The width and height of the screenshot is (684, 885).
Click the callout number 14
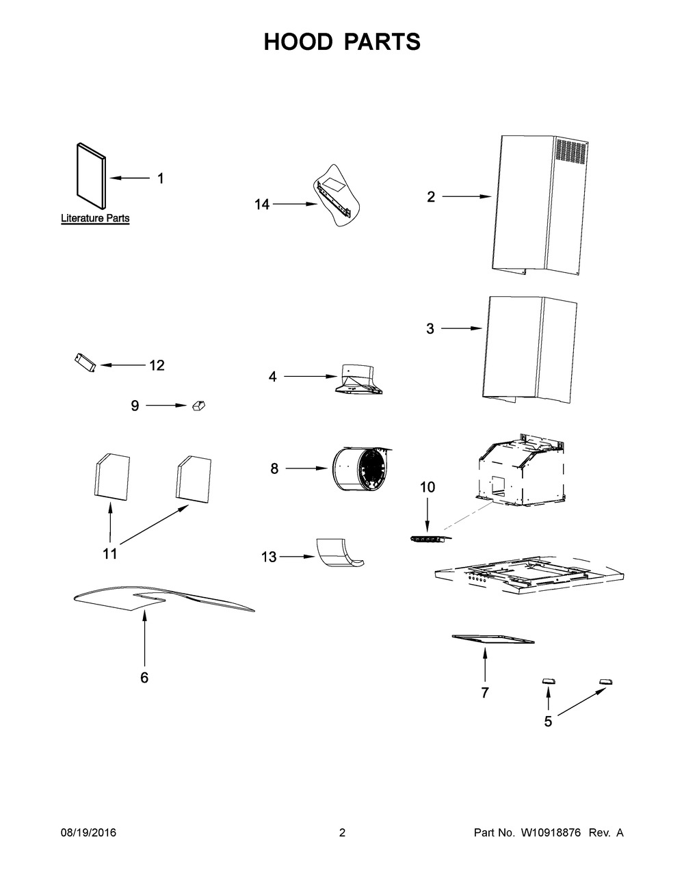262,204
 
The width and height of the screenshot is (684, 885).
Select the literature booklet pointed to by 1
91,176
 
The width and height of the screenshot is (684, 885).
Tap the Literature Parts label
95,219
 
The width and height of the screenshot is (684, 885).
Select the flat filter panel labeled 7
492,639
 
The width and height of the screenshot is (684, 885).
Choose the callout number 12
157,365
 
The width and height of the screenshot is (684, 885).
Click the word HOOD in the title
298,42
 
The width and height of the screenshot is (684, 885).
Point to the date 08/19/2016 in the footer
88,833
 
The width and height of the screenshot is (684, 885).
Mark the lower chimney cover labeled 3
527,349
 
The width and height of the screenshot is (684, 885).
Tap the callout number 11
110,554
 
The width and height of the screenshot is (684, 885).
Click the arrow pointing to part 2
466,197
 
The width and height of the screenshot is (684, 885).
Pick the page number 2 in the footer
342,833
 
